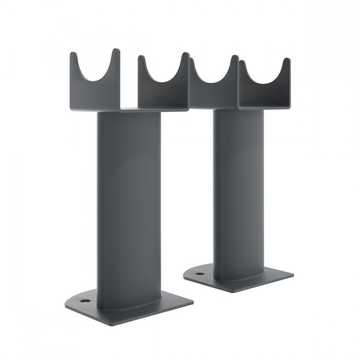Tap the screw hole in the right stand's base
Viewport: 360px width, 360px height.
200,273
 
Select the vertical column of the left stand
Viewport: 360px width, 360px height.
129,206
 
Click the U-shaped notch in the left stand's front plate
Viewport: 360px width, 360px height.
96,77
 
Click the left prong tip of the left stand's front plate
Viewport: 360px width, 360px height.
73,53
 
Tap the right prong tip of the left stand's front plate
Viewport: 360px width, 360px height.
117,51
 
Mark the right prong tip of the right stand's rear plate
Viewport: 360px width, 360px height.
287,61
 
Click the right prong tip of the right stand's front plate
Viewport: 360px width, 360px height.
235,58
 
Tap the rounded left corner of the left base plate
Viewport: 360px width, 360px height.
67,305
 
